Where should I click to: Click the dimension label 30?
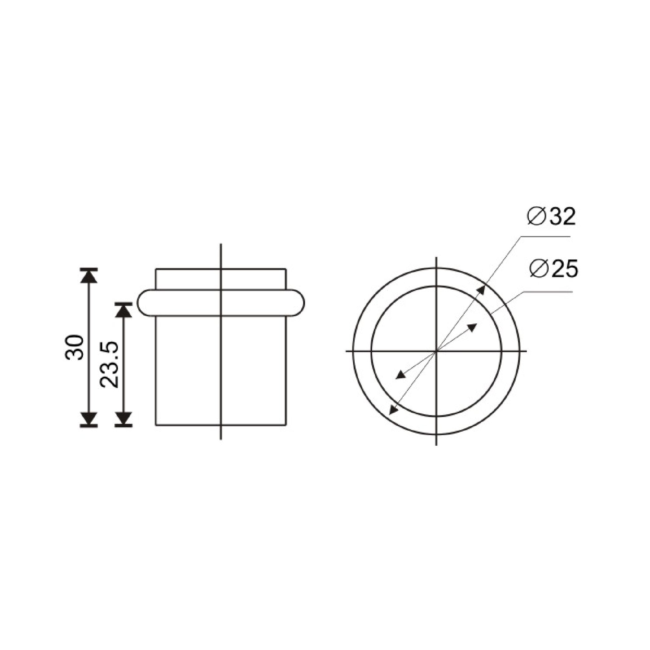point(74,347)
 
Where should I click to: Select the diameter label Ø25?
point(553,269)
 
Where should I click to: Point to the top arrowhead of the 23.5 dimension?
point(124,310)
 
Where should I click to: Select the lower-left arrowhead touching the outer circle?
point(393,410)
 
